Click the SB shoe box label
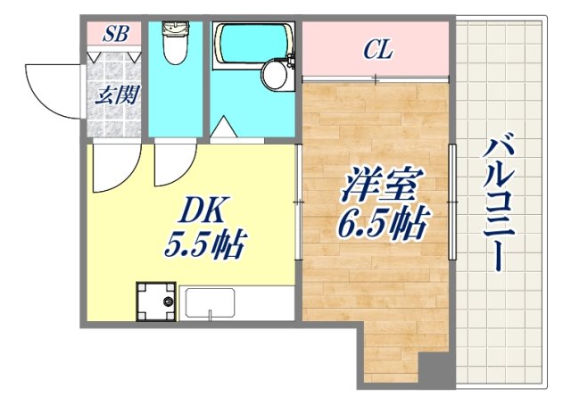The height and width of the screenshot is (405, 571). coord(115,35)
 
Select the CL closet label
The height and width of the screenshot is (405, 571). coord(377,50)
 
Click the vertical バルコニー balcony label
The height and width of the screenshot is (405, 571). coord(497,203)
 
